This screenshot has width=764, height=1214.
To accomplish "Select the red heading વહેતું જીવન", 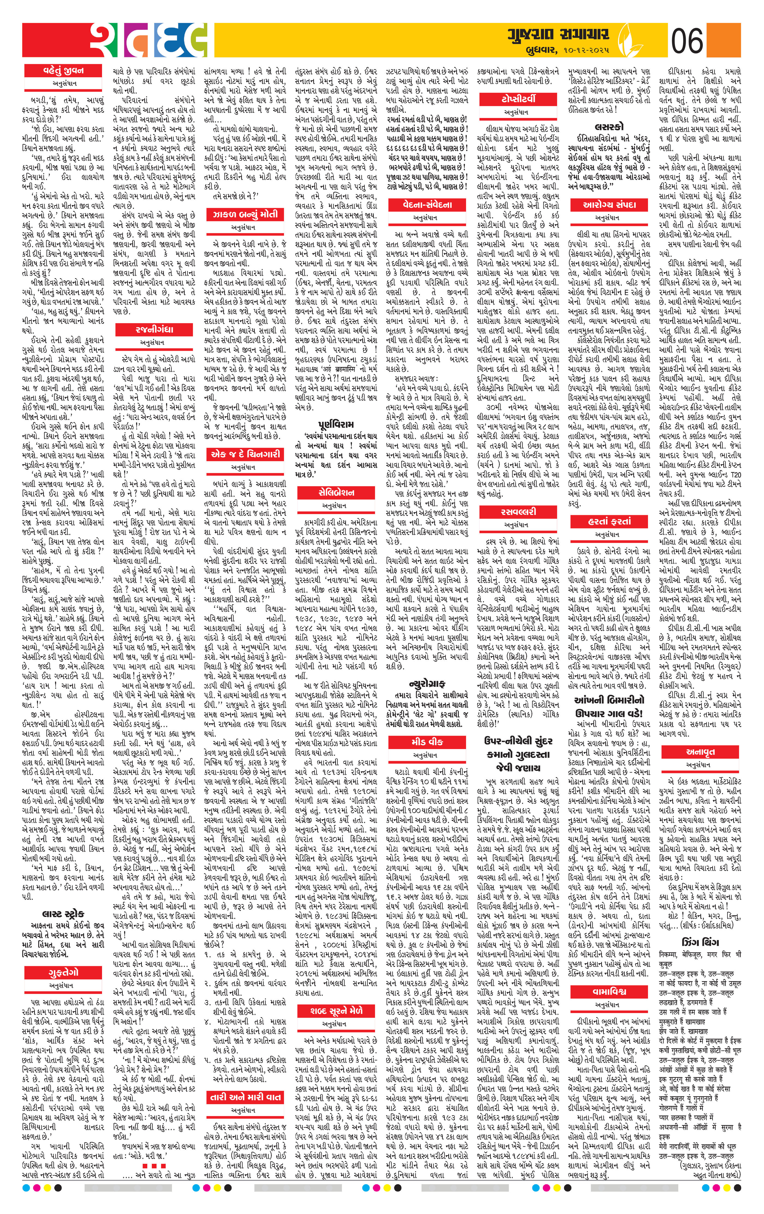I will click(63, 71).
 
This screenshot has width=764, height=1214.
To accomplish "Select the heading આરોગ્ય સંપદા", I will click(609, 205).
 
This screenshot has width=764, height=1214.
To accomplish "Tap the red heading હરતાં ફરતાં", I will click(609, 521).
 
